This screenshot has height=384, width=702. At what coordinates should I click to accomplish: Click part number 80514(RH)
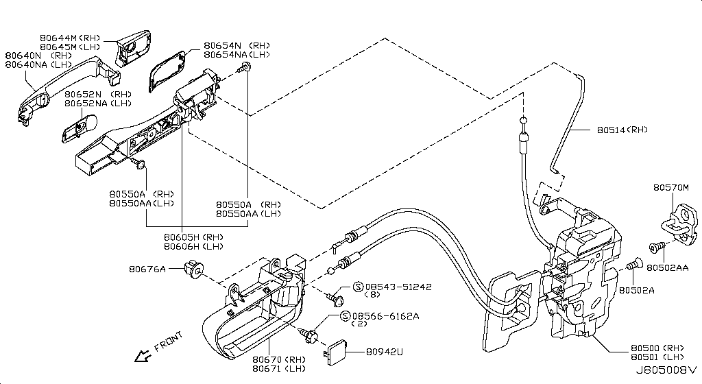tap(622, 130)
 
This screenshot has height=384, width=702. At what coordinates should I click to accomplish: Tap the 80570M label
tap(670, 187)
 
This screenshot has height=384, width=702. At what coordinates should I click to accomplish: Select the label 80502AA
tap(668, 267)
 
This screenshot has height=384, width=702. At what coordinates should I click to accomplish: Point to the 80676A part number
tap(147, 269)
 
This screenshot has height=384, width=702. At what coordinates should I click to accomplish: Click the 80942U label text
tap(385, 352)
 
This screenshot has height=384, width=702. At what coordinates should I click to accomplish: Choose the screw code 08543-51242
tap(398, 287)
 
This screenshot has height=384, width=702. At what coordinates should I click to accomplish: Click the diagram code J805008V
tap(666, 370)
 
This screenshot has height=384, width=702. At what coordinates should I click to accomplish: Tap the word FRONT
tap(169, 341)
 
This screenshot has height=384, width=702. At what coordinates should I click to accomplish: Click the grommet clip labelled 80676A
tap(194, 268)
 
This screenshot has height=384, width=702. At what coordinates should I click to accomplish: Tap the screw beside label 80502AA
tap(657, 247)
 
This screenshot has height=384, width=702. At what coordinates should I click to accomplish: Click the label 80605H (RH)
tap(193, 237)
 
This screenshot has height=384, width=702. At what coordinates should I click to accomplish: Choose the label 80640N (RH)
tap(38, 56)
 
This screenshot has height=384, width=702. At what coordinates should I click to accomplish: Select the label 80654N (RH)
tap(237, 46)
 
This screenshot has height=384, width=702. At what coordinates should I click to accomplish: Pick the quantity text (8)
tap(372, 294)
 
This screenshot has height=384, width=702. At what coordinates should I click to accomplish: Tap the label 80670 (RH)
tap(279, 359)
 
